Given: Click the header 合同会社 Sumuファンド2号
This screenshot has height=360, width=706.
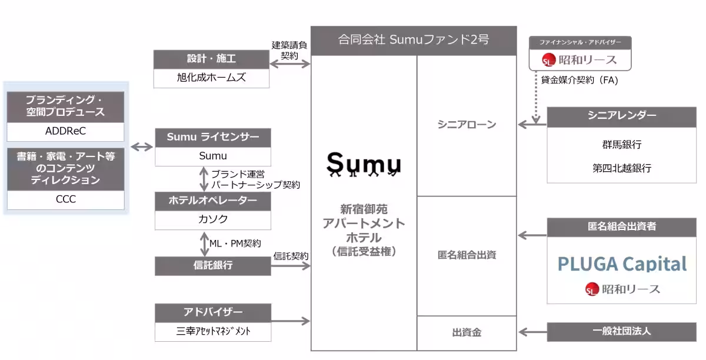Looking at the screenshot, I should click(414, 40).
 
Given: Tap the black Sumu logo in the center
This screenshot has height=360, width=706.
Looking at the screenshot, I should click(364, 164).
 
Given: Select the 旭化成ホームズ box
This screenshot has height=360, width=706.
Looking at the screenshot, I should click(211, 78).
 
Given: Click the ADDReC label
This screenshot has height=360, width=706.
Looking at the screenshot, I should click(65, 131).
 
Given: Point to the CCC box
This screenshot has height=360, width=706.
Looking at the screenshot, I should click(65, 199).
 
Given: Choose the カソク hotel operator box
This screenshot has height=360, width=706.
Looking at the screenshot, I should click(213, 219).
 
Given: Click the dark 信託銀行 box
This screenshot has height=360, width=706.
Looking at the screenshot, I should click(213, 265).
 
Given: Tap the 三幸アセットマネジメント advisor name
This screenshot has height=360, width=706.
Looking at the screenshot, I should click(213, 331).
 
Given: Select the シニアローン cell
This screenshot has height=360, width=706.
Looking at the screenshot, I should click(467, 125).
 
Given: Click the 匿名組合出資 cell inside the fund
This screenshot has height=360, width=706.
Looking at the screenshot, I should click(467, 255).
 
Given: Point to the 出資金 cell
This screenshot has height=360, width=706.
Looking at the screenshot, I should click(467, 332).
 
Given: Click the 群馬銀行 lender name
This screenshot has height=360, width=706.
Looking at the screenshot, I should click(621, 145).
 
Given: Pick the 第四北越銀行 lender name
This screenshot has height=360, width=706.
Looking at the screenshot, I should click(621, 168).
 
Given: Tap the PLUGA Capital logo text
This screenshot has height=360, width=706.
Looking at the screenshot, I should click(622, 264).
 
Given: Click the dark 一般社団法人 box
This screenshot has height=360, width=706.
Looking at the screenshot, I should click(621, 331).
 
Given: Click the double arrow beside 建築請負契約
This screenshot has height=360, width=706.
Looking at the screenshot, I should click(290, 63).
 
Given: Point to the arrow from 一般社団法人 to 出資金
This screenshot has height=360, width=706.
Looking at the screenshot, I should click(532, 331).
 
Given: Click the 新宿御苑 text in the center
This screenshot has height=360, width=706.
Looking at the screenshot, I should click(364, 209).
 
